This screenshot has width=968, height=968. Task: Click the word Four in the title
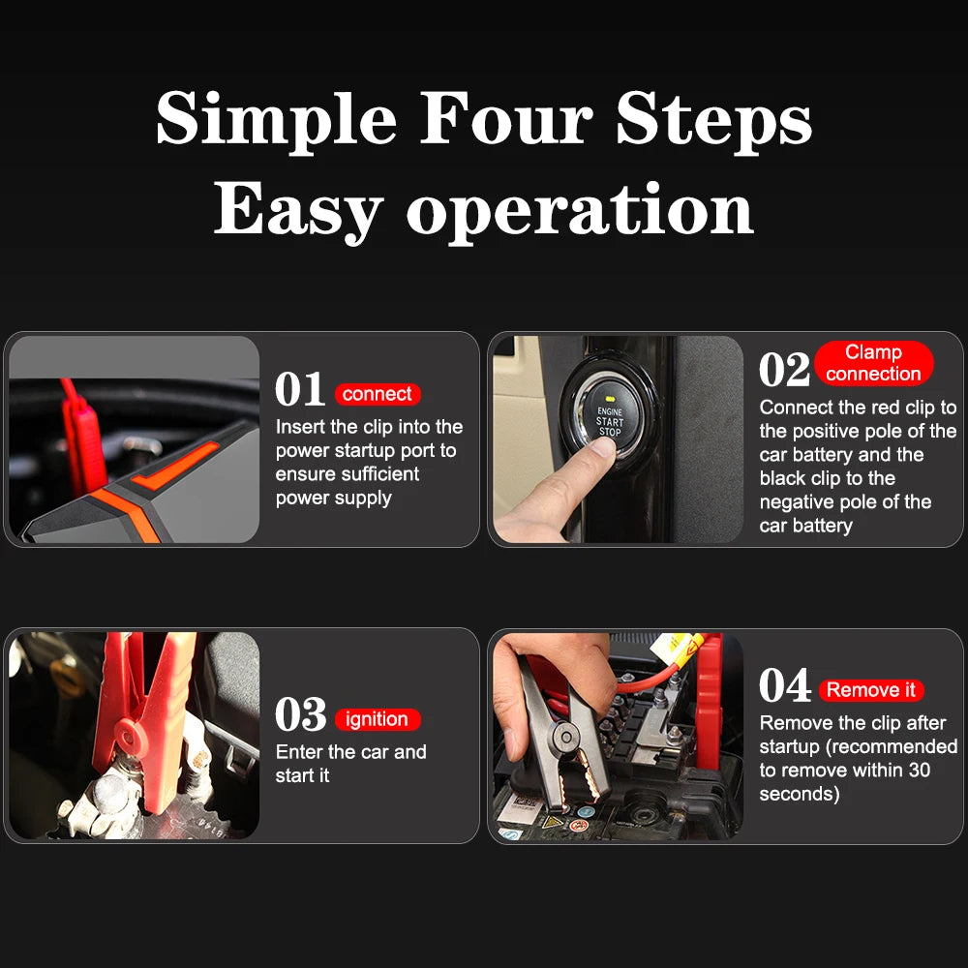(507, 121)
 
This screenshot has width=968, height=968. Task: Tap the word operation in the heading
(579, 210)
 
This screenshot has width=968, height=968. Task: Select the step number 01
(300, 390)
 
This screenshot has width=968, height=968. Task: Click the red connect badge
(378, 394)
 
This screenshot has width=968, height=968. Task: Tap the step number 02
(784, 370)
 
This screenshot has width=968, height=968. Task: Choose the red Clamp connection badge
(873, 363)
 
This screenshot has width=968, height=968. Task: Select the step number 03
(300, 715)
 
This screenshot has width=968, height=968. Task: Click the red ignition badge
(377, 719)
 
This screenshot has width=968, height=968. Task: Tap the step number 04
(784, 686)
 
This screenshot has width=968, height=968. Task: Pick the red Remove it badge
(870, 690)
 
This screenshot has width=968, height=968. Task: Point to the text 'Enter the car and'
(350, 752)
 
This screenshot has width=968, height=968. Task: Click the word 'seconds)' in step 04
(799, 794)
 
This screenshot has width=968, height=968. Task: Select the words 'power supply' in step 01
(333, 498)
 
